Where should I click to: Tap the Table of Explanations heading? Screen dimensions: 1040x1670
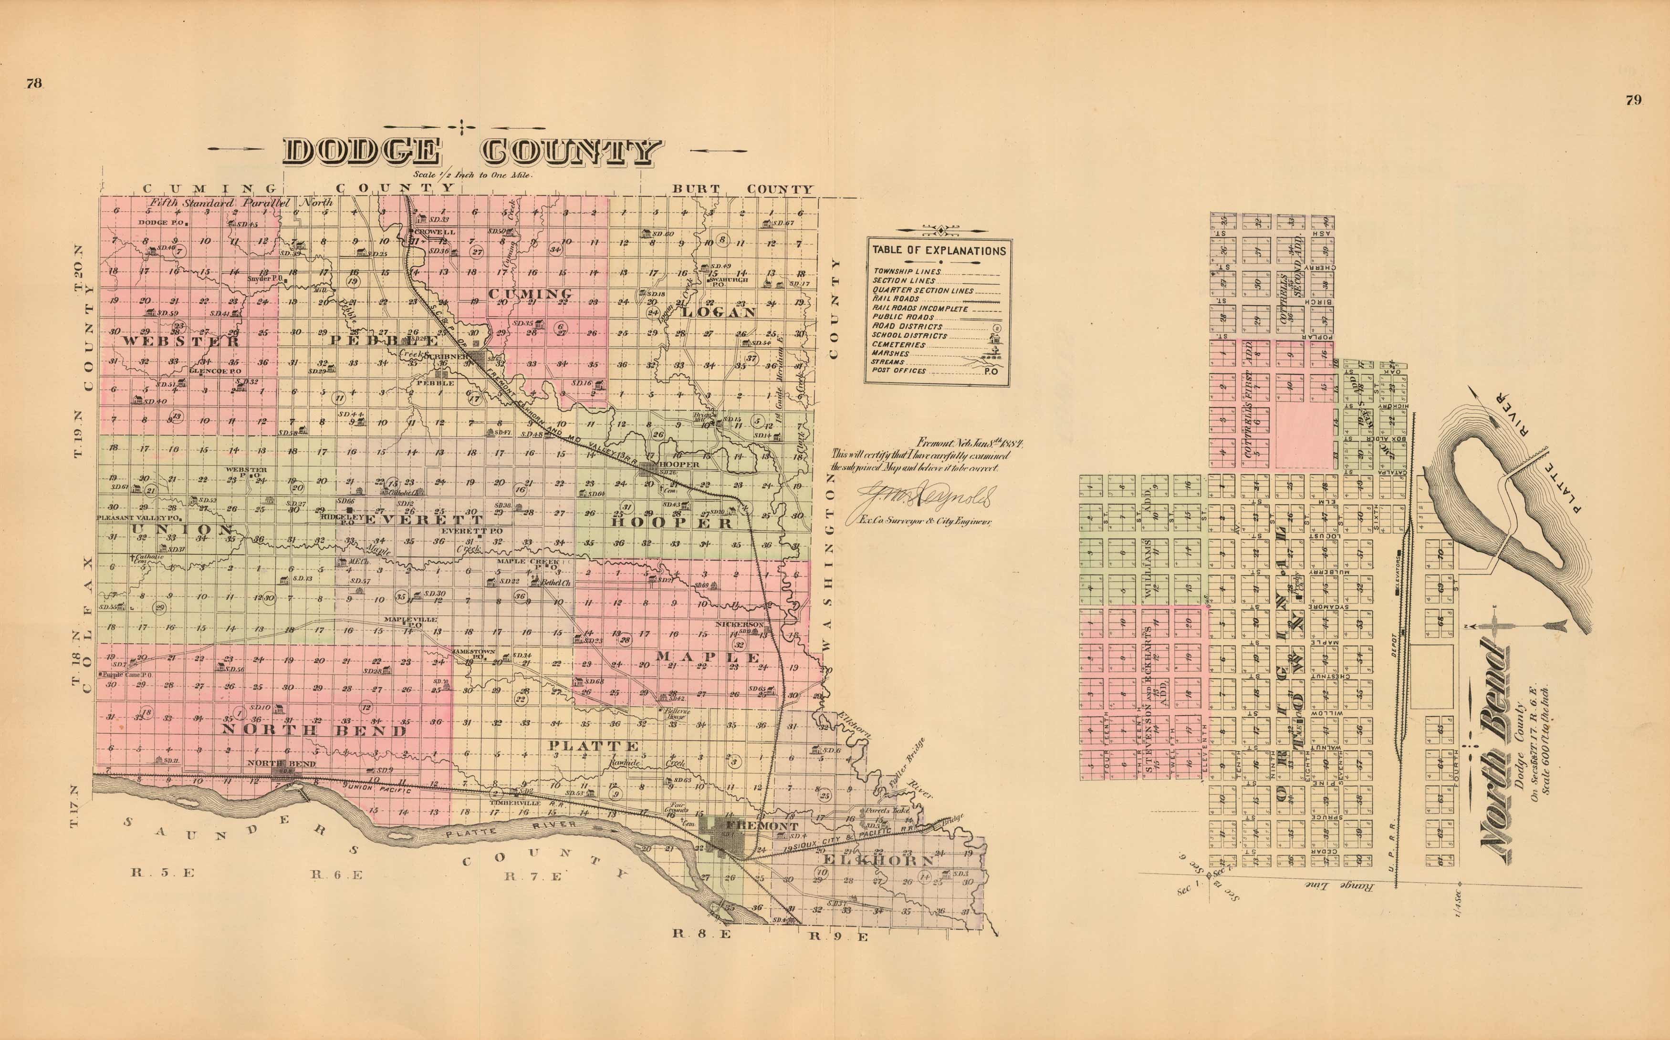[939, 251]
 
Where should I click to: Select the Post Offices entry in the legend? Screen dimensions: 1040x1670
[898, 371]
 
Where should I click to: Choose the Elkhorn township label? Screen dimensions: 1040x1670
[878, 861]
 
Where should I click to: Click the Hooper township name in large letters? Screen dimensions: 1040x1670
[671, 523]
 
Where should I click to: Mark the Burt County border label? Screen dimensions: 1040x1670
[742, 188]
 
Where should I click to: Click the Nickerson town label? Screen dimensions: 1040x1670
[739, 624]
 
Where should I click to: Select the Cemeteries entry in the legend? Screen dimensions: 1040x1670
[898, 345]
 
